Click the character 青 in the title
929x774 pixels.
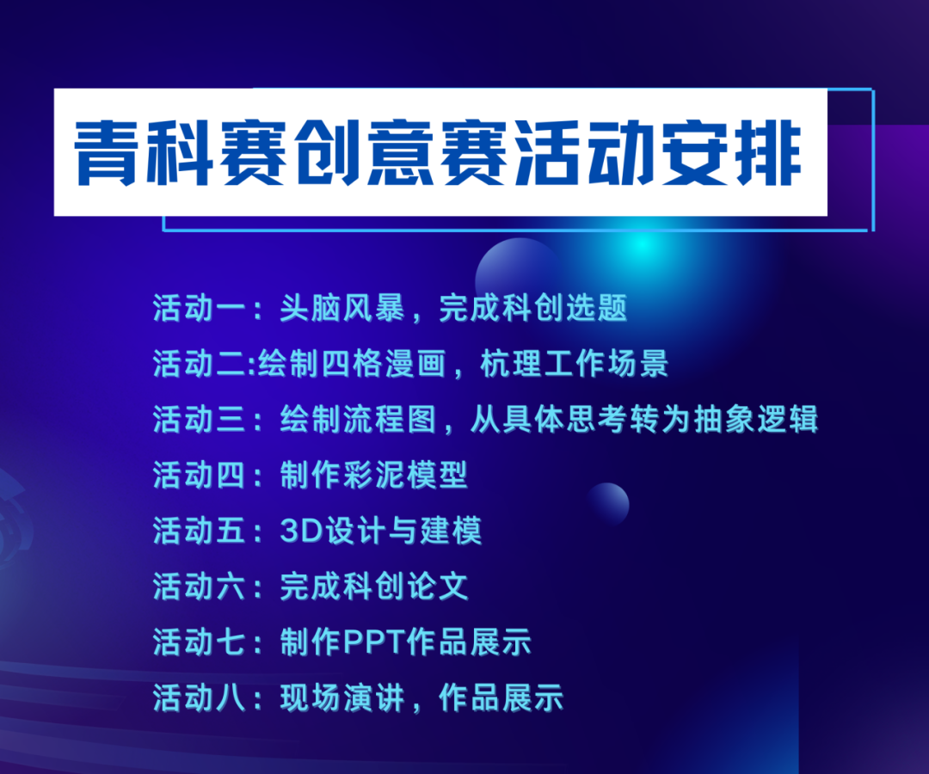tap(107, 153)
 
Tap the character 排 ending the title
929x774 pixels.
tap(768, 153)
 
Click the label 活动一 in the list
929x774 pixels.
tap(199, 308)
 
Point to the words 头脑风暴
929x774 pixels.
tap(341, 308)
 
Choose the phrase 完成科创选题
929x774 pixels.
tap(532, 308)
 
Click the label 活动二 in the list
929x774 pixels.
tap(199, 364)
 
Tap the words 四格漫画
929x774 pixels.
tap(384, 364)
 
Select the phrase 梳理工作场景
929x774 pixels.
tap(574, 364)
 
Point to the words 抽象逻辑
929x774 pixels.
tap(756, 420)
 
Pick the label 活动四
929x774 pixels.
tap(199, 475)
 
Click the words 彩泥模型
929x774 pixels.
tap(405, 475)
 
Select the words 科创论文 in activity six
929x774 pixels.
tap(405, 587)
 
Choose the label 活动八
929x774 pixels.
tap(199, 697)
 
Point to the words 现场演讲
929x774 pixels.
tap(341, 697)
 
